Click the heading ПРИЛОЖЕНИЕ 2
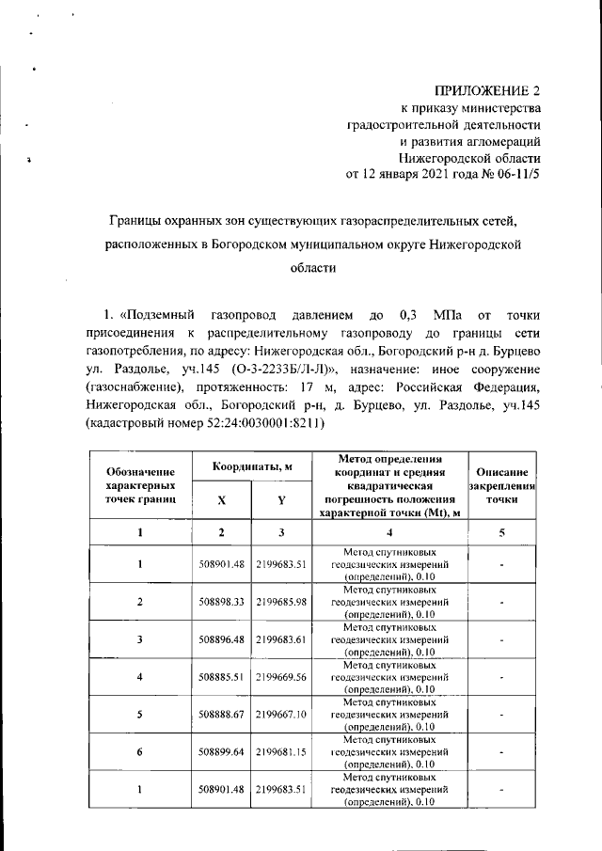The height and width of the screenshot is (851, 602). [487, 91]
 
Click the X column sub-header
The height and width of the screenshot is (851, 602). [222, 500]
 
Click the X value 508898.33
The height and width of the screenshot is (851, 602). [222, 602]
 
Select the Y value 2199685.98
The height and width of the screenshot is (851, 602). [281, 602]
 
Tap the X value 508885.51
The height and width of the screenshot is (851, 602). [222, 676]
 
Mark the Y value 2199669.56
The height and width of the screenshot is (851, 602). [281, 676]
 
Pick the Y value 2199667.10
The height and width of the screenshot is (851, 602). [281, 714]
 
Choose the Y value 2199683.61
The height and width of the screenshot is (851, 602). [281, 639]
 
